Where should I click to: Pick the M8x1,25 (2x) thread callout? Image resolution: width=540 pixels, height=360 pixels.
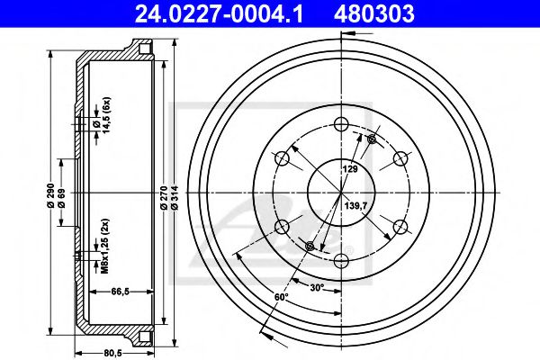(x=104, y=245)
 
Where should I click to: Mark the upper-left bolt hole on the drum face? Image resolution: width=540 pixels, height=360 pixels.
(x=282, y=159)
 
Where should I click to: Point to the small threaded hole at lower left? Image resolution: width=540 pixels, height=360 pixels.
(x=310, y=247)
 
